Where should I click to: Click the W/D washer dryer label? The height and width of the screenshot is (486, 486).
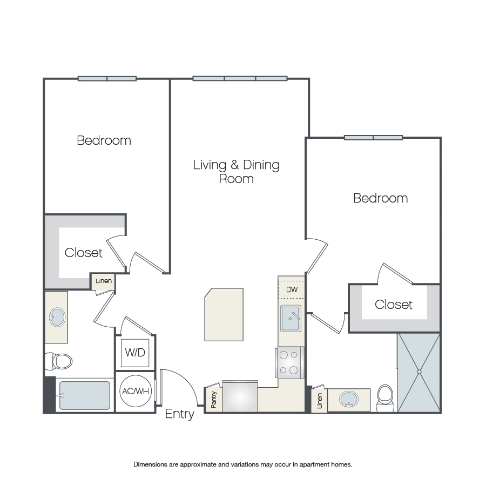coord(135,353)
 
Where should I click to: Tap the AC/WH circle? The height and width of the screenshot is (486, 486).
coord(136,391)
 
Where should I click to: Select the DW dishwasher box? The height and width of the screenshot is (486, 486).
coord(292,289)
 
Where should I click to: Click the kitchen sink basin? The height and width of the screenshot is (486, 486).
coord(291,318)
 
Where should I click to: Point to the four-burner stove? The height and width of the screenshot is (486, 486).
coord(290,362)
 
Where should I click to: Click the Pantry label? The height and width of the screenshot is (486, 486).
coord(213,400)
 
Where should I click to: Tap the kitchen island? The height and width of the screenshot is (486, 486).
coord(224,315)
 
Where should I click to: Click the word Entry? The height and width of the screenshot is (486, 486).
coord(179,414)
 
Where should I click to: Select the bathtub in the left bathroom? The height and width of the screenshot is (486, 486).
coord(84,395)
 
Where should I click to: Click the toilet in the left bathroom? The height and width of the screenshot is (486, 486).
coord(59,361)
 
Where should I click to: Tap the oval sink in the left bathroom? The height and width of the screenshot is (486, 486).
coord(57,317)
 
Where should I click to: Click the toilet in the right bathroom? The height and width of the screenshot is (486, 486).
coord(385,398)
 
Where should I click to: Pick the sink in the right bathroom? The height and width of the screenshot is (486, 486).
coord(349,399)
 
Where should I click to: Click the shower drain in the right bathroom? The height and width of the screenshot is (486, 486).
coord(420,372)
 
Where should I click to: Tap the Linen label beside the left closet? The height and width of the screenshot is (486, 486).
coord(104,281)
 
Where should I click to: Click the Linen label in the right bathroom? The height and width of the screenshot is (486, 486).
coord(320,401)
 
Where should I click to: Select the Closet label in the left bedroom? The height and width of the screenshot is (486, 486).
coord(83,253)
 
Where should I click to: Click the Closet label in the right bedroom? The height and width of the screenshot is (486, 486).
coord(393,305)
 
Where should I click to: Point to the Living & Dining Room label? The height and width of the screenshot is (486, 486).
coord(236,172)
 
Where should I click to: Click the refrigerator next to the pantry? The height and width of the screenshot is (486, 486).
coord(240,396)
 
